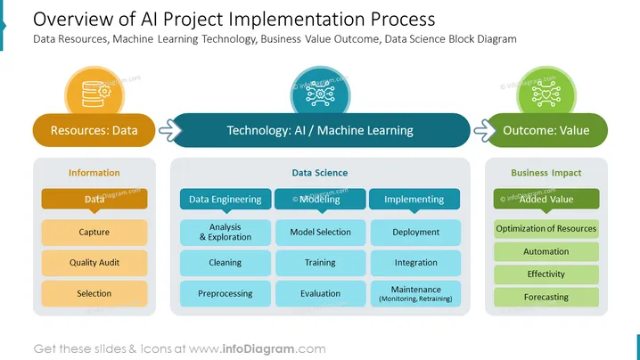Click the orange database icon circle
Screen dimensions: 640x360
click(94, 93)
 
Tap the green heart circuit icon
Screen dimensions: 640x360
click(546, 94)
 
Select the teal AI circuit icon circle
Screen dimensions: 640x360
click(320, 93)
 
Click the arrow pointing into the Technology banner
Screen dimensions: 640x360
click(170, 130)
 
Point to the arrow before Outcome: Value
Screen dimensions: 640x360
click(485, 130)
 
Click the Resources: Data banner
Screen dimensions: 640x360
click(94, 130)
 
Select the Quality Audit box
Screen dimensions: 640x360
click(94, 263)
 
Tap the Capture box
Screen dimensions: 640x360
click(94, 233)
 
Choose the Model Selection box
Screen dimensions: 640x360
click(320, 233)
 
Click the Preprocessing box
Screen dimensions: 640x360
click(226, 293)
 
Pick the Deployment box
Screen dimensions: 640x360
click(415, 233)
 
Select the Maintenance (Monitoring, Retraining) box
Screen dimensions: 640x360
click(415, 293)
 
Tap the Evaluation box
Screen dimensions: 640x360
click(320, 293)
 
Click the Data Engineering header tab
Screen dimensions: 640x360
click(226, 200)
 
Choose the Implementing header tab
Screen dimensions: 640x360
click(414, 200)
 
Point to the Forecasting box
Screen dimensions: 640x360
click(546, 297)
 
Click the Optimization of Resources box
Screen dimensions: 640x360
click(546, 229)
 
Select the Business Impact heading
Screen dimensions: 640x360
click(546, 173)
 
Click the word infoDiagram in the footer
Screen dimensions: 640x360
click(258, 349)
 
